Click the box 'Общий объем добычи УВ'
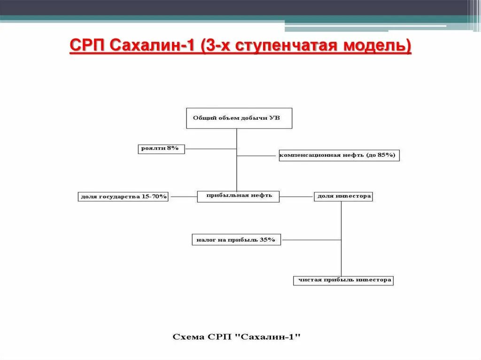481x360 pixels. (239, 118)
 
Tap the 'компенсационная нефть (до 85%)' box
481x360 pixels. (339, 155)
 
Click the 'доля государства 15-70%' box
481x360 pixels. (124, 197)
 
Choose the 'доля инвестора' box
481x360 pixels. (343, 196)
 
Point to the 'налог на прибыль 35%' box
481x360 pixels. (236, 240)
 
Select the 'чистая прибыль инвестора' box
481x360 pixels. (343, 280)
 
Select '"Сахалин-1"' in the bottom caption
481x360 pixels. (272, 337)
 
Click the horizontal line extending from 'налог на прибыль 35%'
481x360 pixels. (310, 240)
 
